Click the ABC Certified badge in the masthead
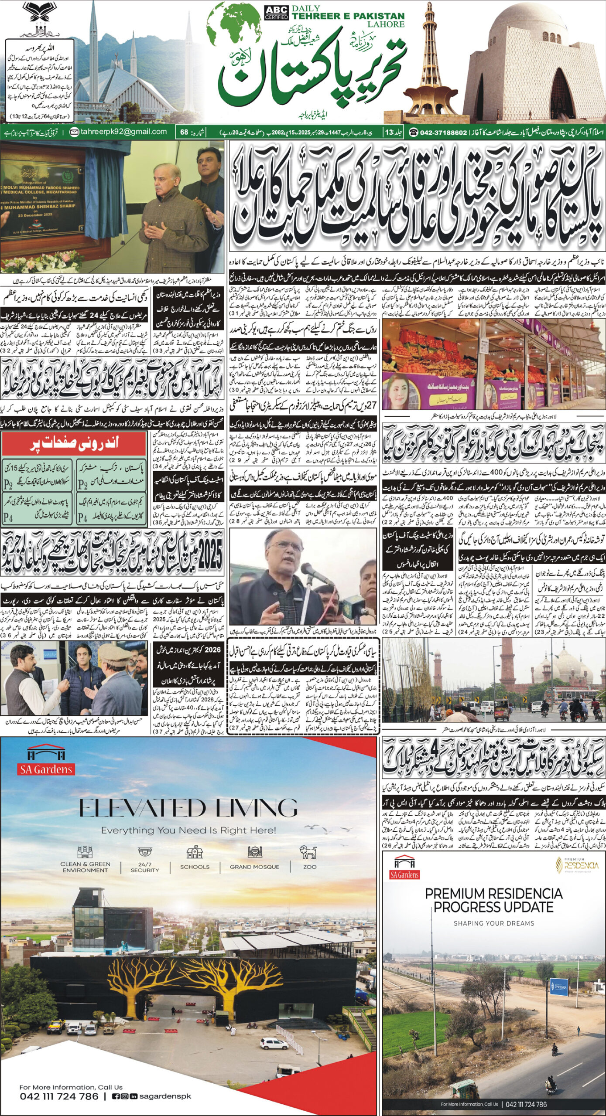pyautogui.click(x=276, y=13)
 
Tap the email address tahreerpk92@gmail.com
pyautogui.click(x=123, y=132)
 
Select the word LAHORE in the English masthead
pyautogui.click(x=386, y=24)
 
